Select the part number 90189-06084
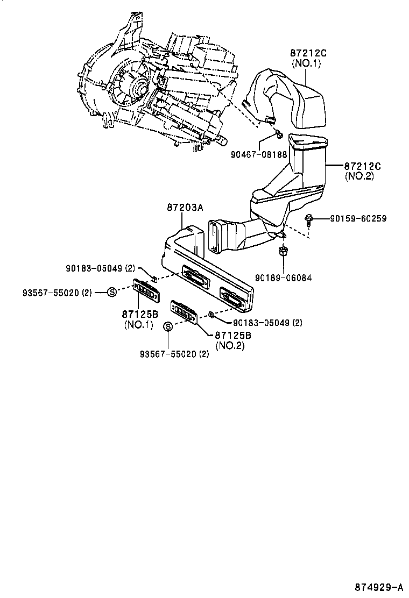(x=283, y=277)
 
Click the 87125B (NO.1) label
(x=139, y=319)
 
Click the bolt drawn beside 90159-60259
(x=309, y=219)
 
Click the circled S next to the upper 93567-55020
(x=111, y=293)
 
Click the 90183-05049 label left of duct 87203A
(x=100, y=268)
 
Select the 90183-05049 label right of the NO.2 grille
(x=267, y=323)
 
